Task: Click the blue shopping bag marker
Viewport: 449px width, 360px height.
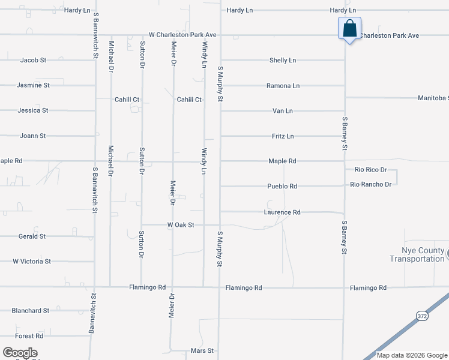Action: pos(349,29)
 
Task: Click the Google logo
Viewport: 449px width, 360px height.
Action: pos(20,353)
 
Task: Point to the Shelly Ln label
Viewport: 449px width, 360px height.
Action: pos(283,61)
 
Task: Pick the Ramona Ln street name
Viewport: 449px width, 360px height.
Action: pos(283,86)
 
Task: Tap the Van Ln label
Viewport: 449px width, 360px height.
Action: pos(283,111)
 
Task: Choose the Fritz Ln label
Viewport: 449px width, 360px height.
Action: pos(283,136)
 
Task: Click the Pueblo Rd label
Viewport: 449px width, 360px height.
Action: pos(283,187)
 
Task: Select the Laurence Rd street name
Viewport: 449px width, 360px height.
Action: pos(282,212)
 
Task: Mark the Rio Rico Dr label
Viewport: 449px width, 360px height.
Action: pos(370,170)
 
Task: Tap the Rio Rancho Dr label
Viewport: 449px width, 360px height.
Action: pos(371,184)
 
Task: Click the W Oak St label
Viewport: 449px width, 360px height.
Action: pos(181,225)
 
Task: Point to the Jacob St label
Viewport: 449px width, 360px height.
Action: pos(33,61)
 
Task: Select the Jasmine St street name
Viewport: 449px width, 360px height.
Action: pos(33,85)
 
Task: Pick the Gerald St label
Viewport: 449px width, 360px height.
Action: pos(32,236)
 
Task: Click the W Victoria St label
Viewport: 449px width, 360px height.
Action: pos(32,262)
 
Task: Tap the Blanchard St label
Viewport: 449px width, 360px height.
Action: pos(30,311)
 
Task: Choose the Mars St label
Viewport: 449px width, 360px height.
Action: pos(202,350)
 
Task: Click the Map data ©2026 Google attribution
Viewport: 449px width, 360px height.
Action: pos(412,355)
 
